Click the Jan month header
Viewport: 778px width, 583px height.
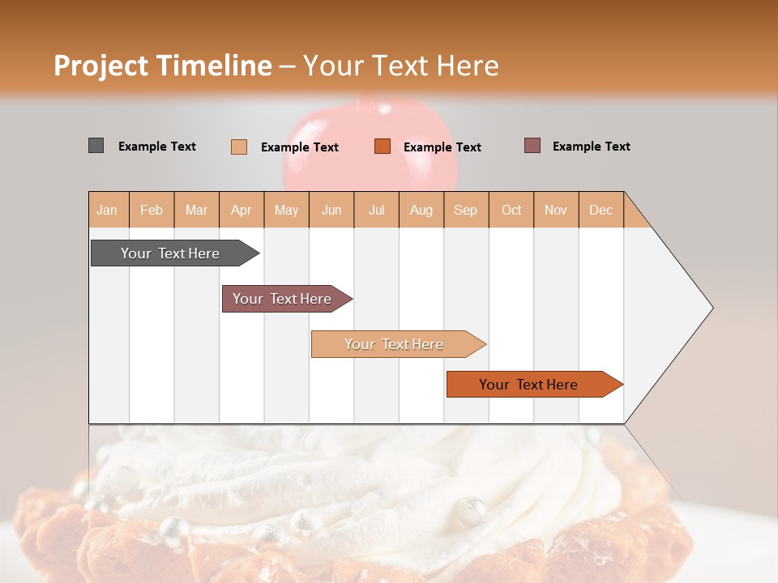tap(107, 210)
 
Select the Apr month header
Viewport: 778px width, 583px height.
tap(242, 210)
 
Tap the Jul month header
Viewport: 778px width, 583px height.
tap(377, 210)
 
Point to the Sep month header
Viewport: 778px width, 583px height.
tap(466, 210)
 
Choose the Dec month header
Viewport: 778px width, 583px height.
tap(601, 210)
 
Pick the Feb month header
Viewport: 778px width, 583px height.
tap(152, 210)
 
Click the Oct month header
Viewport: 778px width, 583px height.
tap(511, 210)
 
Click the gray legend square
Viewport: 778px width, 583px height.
tap(96, 146)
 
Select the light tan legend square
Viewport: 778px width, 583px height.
tap(238, 147)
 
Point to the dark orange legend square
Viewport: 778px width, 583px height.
tap(383, 147)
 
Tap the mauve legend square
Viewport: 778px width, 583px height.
tap(532, 146)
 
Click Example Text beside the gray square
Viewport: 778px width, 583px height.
tap(157, 147)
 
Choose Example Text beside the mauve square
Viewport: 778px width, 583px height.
tap(592, 147)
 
